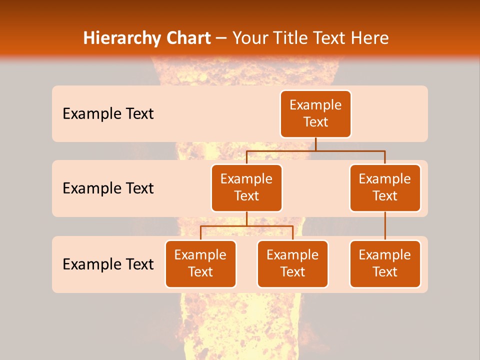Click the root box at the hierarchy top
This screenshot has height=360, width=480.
point(315,114)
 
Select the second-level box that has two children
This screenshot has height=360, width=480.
point(246,187)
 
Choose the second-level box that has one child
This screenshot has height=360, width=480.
point(385,187)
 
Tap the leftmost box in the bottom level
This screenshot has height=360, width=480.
point(200,263)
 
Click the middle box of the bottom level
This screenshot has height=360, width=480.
point(292,263)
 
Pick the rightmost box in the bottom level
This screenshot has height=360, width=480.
point(385,263)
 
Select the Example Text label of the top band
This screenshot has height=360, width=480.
point(108,114)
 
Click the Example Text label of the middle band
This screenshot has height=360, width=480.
point(108,188)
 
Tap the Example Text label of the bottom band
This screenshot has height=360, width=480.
point(108,264)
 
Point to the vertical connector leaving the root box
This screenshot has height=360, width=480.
point(315,144)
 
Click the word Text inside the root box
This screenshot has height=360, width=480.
point(315,122)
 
